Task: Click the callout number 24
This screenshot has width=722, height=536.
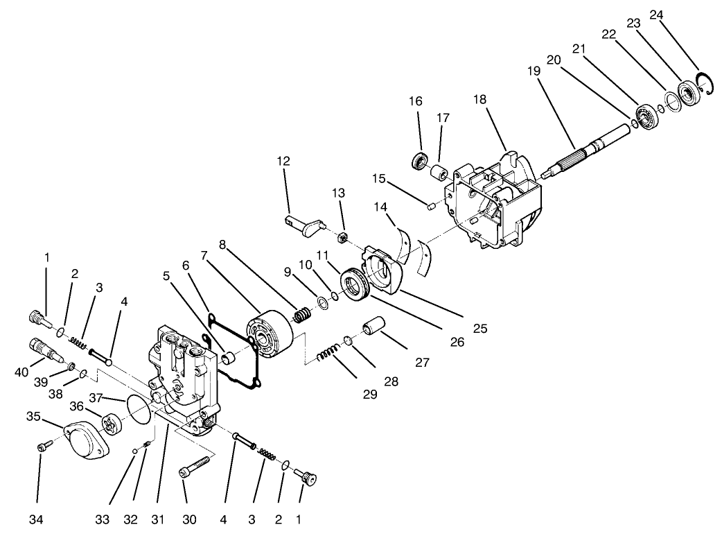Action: pos(656,13)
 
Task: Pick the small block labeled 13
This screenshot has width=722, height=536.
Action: pos(341,239)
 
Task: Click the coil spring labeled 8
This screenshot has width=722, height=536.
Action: pos(303,315)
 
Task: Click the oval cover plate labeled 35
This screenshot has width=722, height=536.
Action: pos(87,440)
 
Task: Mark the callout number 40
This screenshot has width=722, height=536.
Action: pos(21,372)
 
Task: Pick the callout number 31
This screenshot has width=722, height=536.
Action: pos(160,519)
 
